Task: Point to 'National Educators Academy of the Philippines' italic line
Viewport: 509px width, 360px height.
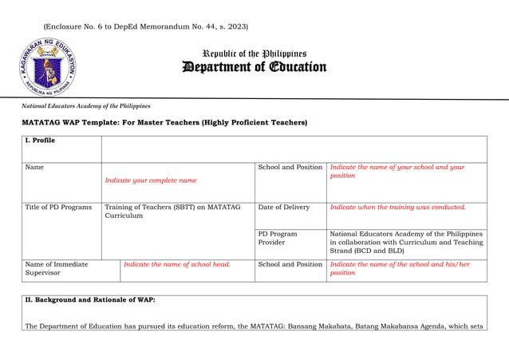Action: tap(86, 105)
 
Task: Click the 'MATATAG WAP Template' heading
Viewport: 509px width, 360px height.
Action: tap(164, 122)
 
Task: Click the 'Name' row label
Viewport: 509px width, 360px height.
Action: tap(34, 168)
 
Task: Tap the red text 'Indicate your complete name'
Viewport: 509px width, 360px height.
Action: tap(151, 180)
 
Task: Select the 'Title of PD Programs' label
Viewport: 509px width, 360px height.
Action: tap(58, 208)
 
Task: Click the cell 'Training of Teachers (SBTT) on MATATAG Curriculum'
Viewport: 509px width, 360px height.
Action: tap(172, 212)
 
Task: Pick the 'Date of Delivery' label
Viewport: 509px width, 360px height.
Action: tap(283, 208)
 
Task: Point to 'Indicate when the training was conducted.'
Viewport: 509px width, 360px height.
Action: tap(397, 208)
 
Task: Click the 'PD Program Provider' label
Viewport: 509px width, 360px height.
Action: tap(278, 238)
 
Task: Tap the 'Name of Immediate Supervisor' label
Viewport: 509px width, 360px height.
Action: tap(57, 268)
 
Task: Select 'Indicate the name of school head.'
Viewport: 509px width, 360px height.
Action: tap(177, 264)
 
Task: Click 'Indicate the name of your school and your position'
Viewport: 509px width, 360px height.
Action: tap(397, 172)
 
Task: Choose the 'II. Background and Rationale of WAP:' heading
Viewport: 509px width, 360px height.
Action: tap(90, 300)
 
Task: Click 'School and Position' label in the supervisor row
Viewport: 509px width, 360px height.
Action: tap(290, 264)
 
